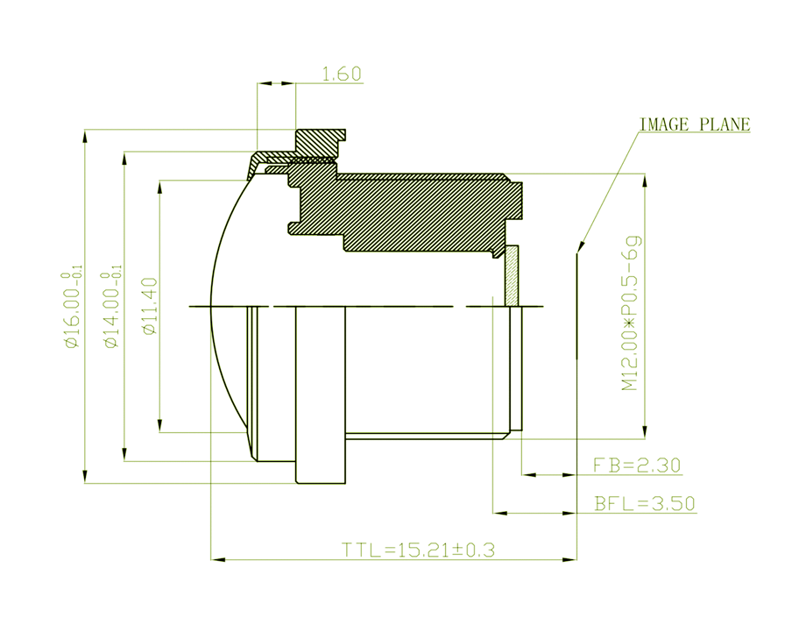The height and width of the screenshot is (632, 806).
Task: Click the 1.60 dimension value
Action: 342,74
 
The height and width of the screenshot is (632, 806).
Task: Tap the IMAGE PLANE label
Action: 695,124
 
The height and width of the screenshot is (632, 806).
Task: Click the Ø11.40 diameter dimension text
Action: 151,307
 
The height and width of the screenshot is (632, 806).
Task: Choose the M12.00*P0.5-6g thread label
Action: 631,313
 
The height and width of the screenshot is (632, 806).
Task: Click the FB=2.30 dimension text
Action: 637,465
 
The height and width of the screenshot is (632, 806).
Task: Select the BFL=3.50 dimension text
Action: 645,503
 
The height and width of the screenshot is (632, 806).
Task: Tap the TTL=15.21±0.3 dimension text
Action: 419,550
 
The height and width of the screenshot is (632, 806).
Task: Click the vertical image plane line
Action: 576,305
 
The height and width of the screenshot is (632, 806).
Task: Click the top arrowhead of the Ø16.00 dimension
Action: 85,136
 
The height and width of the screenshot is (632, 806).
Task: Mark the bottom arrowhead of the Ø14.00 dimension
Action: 124,455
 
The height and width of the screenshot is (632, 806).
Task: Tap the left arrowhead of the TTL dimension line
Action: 218,559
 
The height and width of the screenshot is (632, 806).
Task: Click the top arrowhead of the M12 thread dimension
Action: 645,181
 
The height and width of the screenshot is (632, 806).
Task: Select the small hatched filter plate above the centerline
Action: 512,275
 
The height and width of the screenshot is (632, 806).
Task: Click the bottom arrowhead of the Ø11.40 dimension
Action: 159,426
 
